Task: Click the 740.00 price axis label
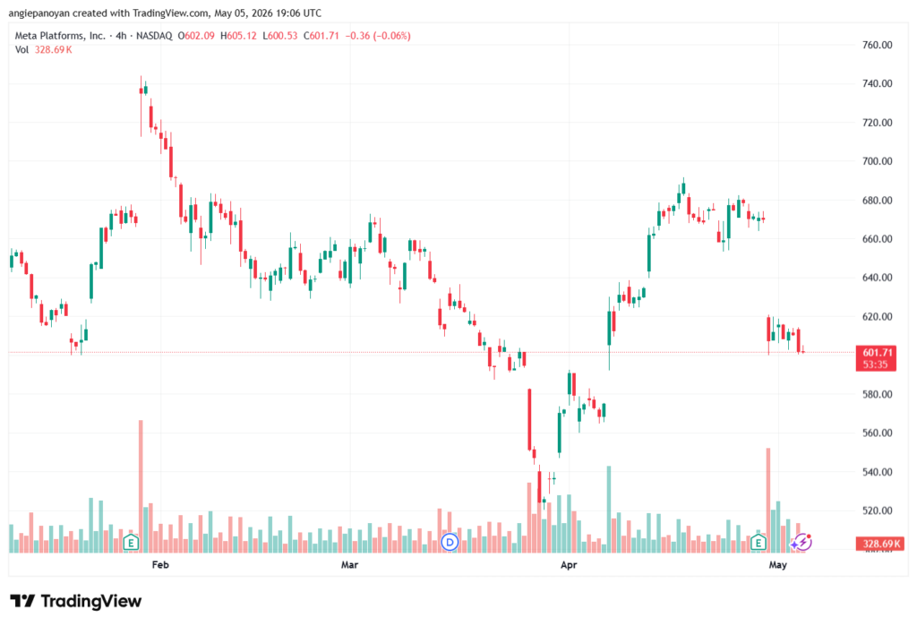(x=878, y=83)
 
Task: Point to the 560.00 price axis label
(x=878, y=433)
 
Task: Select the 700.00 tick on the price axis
(x=878, y=161)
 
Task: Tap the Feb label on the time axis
(x=160, y=564)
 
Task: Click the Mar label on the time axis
(x=350, y=564)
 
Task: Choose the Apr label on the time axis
(x=569, y=564)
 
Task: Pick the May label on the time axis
(x=778, y=564)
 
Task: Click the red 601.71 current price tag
(x=876, y=358)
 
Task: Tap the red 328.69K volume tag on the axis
(x=879, y=544)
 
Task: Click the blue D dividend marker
(x=450, y=543)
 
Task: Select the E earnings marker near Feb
(x=131, y=543)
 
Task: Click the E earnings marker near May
(x=758, y=543)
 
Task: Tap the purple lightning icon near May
(x=802, y=543)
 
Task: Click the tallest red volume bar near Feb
(x=141, y=486)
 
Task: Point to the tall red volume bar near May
(x=768, y=501)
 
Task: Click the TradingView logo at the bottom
(x=76, y=602)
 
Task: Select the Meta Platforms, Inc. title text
(x=60, y=36)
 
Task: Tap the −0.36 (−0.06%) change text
(x=378, y=36)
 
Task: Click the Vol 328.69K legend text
(x=43, y=50)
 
